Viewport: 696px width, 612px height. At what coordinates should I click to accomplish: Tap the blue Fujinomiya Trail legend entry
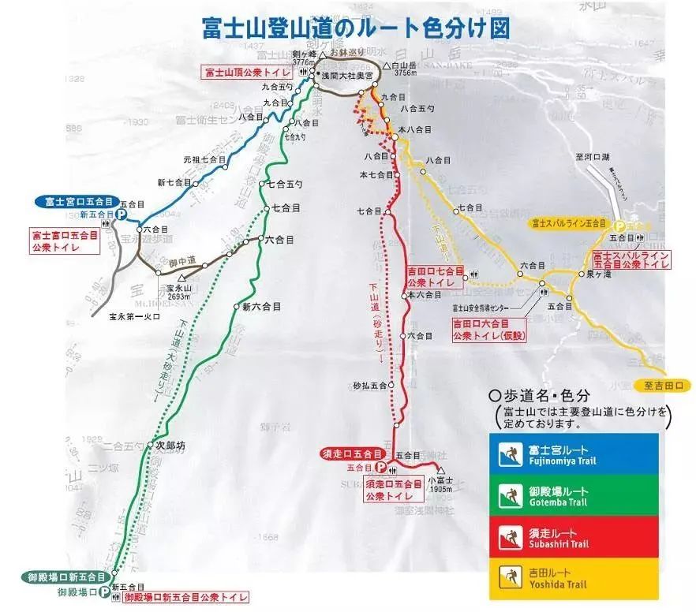[x=574, y=455]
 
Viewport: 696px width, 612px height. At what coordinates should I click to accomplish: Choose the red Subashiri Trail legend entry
[x=574, y=538]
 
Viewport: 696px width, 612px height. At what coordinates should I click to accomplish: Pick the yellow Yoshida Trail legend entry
[x=574, y=580]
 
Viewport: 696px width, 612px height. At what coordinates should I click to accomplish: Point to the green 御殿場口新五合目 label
[x=64, y=577]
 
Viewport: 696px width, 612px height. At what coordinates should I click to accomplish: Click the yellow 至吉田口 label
[x=662, y=386]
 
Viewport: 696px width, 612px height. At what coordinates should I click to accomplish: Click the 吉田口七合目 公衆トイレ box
[x=431, y=276]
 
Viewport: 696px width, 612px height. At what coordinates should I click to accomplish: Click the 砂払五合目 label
[x=370, y=385]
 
